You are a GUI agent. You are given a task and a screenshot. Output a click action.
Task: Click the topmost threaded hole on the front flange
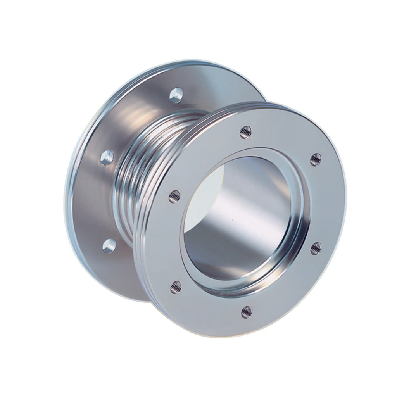click(x=245, y=133)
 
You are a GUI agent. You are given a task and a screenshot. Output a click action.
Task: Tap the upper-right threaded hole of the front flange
click(x=316, y=159)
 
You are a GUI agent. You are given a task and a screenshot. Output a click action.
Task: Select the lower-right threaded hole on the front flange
click(x=316, y=248)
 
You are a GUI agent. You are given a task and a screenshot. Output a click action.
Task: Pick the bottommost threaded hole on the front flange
click(x=247, y=312)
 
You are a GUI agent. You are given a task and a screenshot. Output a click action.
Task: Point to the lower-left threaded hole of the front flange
click(x=176, y=287)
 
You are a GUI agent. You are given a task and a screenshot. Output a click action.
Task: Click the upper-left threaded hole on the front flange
click(x=174, y=197)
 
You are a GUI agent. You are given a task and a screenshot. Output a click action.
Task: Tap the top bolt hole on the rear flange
click(x=176, y=95)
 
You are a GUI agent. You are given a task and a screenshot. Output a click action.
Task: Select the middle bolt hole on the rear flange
click(x=107, y=157)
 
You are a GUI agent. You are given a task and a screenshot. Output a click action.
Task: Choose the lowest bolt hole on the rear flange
click(x=109, y=246)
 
